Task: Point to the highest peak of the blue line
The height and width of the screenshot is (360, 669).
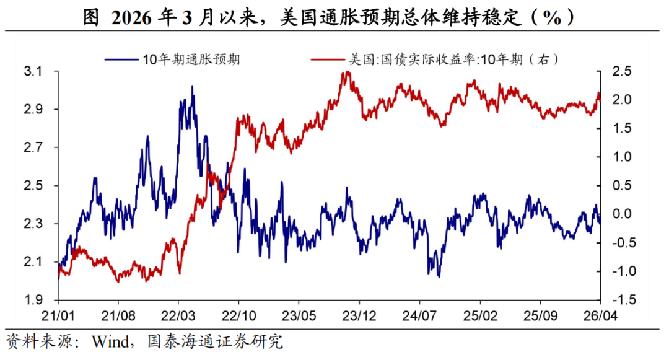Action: [192, 87]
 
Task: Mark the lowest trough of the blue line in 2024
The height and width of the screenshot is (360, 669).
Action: [439, 276]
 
